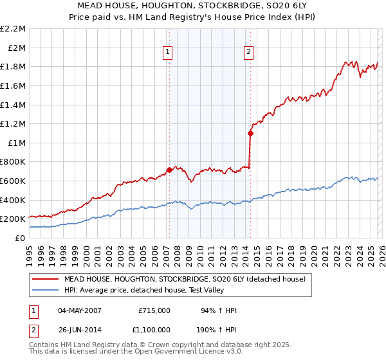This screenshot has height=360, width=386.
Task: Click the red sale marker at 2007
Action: coord(169,170)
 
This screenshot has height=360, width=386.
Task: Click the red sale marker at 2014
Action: coord(250,134)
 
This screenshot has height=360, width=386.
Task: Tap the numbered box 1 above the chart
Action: coord(167,53)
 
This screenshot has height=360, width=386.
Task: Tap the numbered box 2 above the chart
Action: coord(248,53)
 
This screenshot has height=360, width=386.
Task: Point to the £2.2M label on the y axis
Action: coord(13,29)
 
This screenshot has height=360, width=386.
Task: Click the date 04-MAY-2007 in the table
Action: coord(80,310)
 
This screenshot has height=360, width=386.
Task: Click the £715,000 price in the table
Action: coord(154,310)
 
